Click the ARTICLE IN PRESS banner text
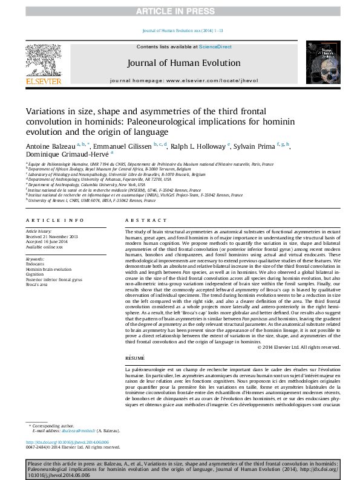click(180, 11)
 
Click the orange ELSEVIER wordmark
click(43, 80)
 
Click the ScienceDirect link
click(215, 47)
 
